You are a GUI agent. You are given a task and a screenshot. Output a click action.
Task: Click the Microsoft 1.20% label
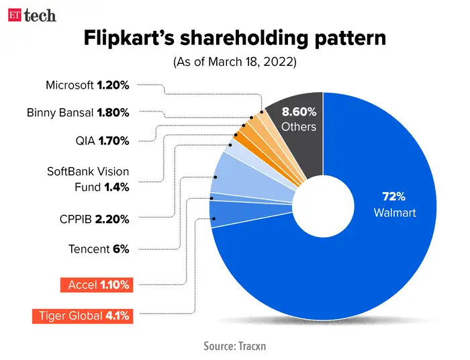[87, 85]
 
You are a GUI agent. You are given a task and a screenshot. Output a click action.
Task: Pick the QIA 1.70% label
[102, 141]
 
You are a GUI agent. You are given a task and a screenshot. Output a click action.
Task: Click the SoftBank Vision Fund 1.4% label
[87, 179]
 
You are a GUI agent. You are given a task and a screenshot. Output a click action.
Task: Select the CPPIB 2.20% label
[94, 218]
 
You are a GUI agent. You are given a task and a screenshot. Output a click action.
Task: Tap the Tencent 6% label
[99, 249]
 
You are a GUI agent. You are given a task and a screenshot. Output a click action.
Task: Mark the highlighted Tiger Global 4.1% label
[81, 316]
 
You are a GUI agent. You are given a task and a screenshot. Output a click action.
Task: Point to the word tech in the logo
[40, 15]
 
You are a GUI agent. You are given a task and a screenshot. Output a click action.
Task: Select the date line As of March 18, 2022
[235, 62]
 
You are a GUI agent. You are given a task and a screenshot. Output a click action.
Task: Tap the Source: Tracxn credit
[235, 347]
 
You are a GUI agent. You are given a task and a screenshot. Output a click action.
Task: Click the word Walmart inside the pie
[395, 213]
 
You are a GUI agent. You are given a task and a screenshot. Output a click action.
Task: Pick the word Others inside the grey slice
[299, 127]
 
